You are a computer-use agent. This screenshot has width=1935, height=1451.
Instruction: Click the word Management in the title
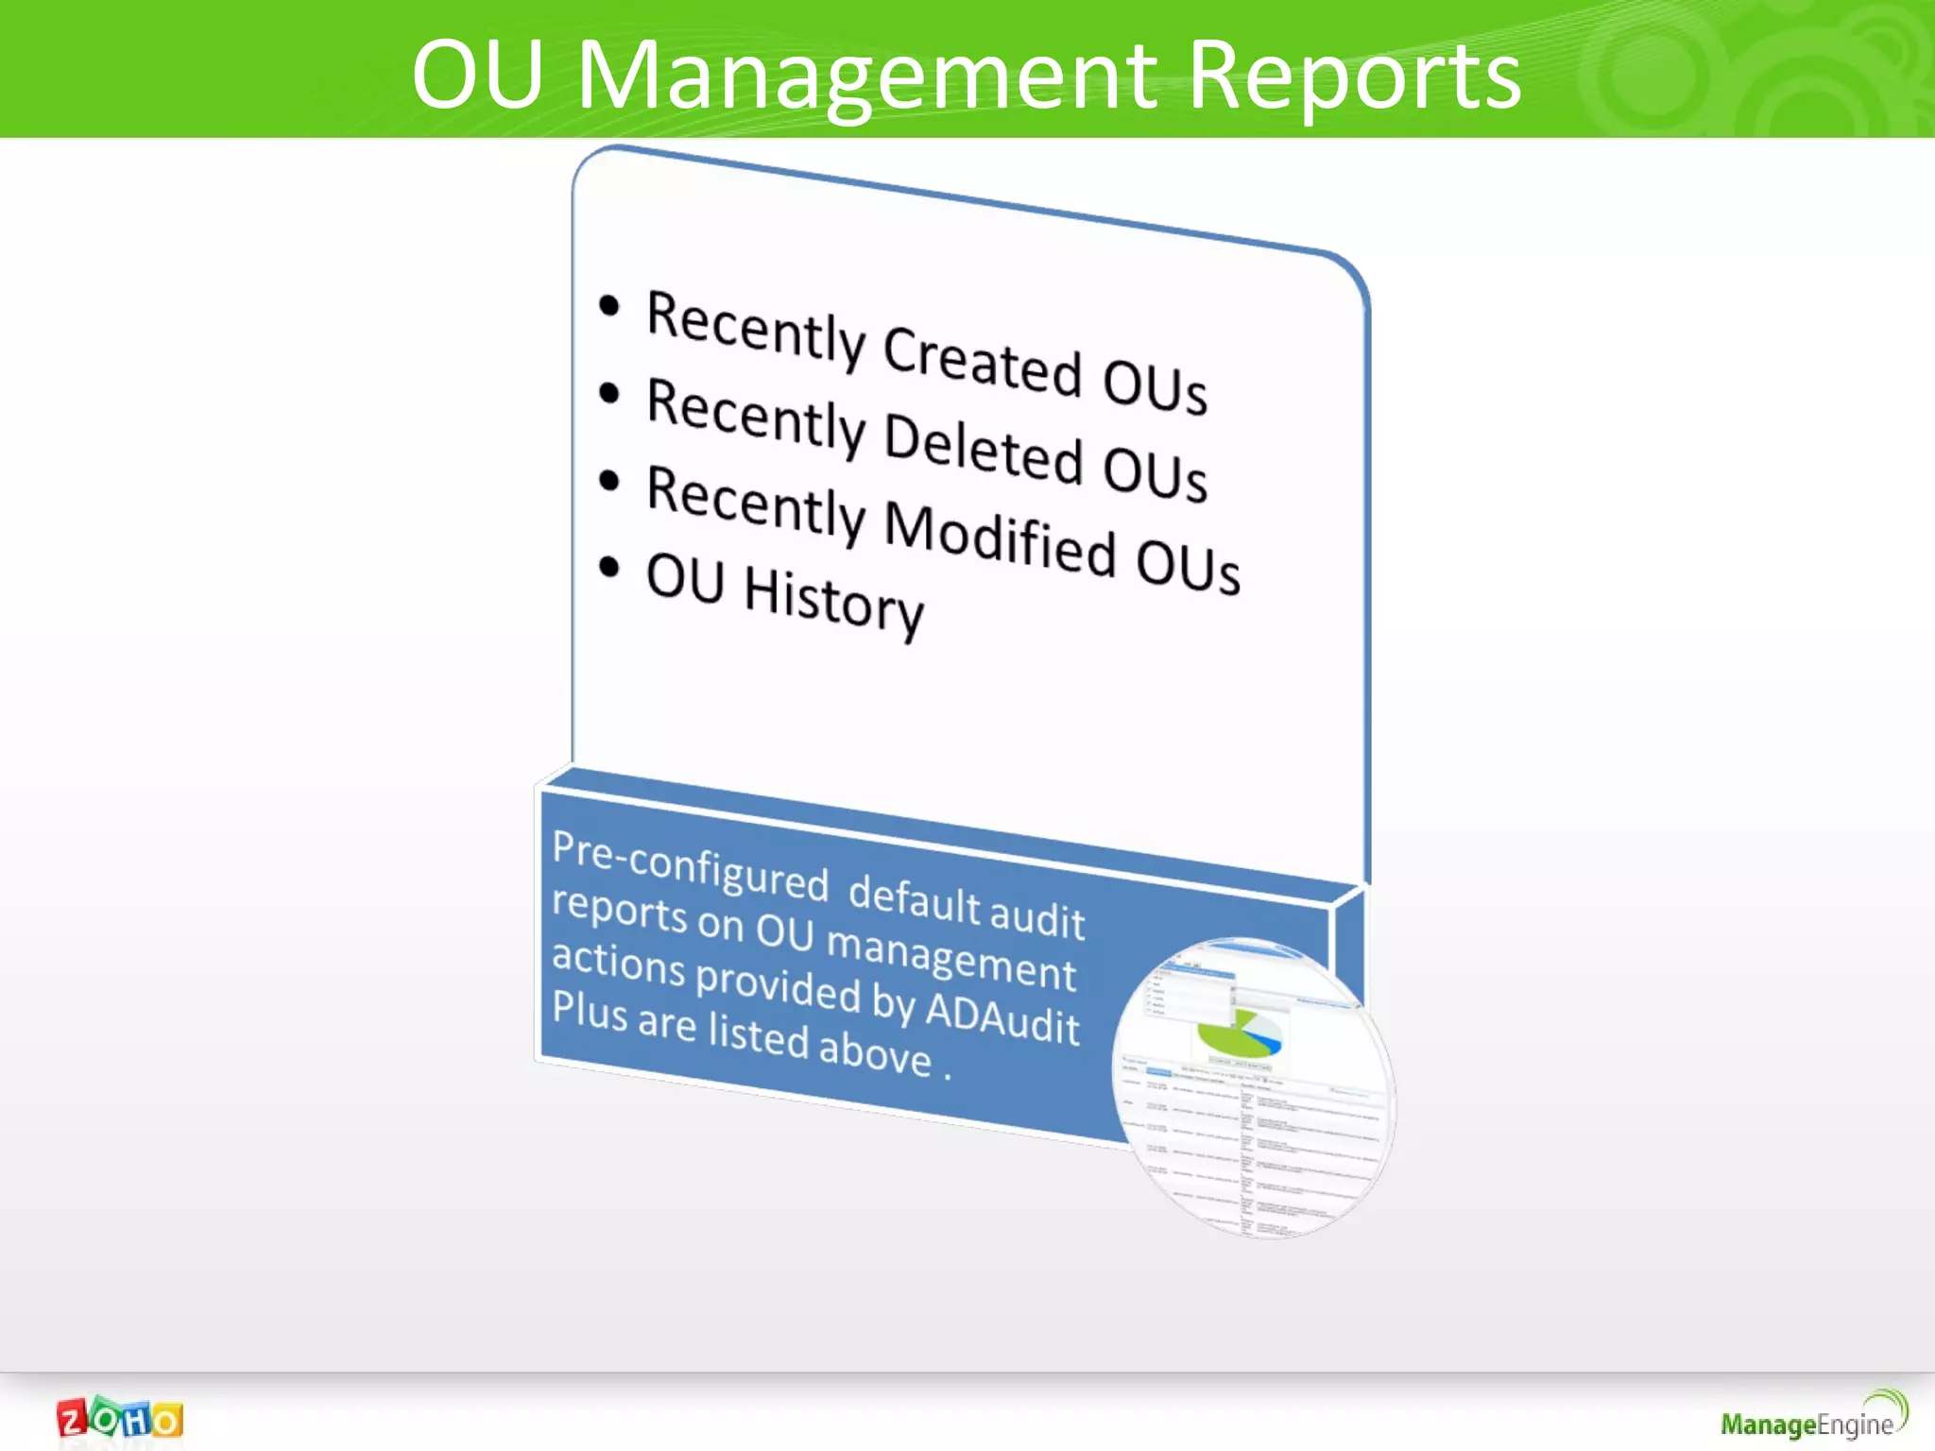coord(867,77)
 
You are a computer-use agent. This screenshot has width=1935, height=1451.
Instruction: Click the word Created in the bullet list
coord(983,361)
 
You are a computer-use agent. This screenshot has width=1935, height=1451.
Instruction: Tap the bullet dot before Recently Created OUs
coord(609,306)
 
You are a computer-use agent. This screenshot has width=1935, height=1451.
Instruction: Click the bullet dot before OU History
coord(609,567)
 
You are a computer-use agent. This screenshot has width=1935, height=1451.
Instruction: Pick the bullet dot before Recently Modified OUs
coord(609,481)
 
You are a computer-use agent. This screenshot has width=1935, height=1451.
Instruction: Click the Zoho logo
coord(120,1419)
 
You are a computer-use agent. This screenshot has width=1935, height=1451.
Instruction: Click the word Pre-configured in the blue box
coord(690,863)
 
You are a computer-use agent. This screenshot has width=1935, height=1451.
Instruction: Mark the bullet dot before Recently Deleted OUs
coord(609,393)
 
